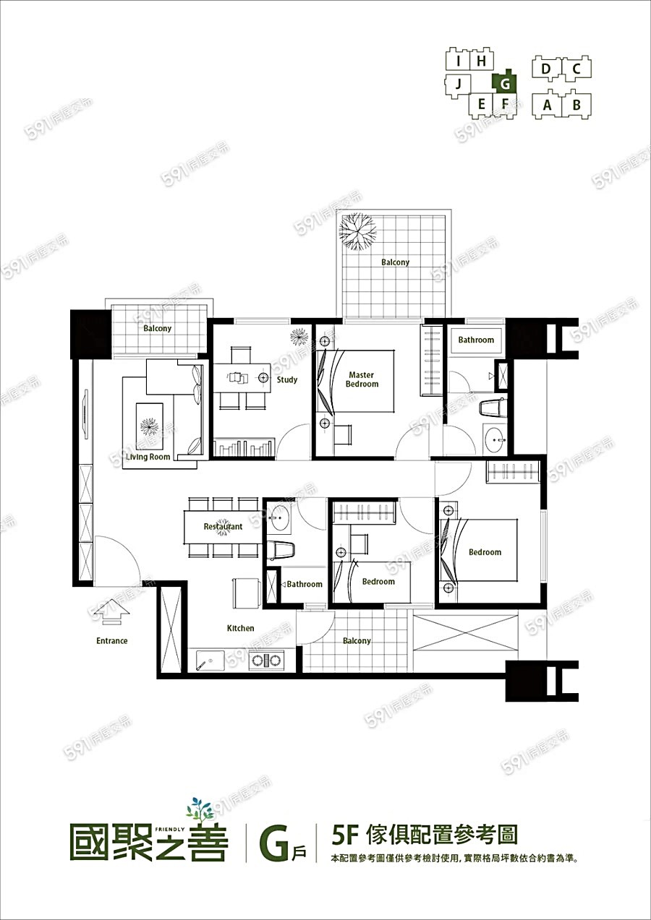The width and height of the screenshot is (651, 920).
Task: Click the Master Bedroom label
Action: point(362,379)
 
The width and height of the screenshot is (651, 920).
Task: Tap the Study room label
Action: point(287,379)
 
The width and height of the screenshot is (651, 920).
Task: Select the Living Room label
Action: point(148,457)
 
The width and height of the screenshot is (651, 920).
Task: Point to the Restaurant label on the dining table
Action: point(224,526)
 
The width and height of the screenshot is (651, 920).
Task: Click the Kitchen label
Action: point(240,628)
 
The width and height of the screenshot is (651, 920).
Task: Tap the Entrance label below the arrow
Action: point(112,641)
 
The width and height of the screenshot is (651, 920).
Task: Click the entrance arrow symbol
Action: point(111,612)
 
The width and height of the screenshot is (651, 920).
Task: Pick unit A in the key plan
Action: point(547,105)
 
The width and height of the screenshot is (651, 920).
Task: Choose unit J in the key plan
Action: point(459,85)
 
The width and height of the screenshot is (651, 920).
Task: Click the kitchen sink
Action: point(210,660)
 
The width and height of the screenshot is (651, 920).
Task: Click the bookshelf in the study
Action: point(244,447)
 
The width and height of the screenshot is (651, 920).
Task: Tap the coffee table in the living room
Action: point(150,426)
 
